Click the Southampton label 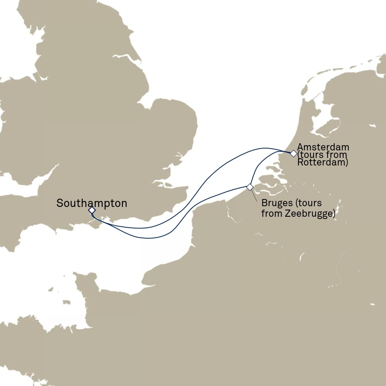(92, 204)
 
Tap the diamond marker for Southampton (92, 210)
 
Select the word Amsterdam (323, 147)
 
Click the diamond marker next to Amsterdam (293, 153)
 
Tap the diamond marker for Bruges (250, 187)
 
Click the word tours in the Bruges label (309, 204)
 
